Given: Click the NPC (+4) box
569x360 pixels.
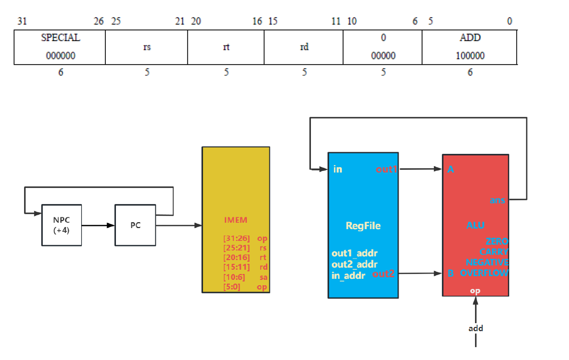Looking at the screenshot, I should pos(62,225).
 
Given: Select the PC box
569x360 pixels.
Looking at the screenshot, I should pos(136,225).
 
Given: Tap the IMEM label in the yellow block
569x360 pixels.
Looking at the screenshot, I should pos(236,220).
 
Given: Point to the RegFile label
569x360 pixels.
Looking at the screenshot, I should pos(363,226).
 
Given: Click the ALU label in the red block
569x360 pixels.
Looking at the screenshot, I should pos(476,225).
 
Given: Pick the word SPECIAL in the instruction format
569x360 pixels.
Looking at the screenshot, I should pos(60,38).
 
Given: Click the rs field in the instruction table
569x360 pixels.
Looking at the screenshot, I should pos(147,47).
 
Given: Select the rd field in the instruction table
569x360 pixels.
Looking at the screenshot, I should pos(304,47).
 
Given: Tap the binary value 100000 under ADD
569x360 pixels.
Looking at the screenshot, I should pos(470,56).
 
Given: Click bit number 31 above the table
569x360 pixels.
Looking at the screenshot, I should pos(21,21).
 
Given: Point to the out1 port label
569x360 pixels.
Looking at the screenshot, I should pos(387,169).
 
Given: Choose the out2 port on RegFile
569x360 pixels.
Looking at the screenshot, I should pos(383,274).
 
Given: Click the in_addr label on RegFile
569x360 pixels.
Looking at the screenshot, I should pos(348,276).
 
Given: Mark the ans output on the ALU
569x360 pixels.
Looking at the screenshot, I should pos(497,200).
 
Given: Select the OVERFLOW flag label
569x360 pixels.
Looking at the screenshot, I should pos(484,273).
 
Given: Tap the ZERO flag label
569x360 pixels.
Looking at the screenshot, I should pos(497,241).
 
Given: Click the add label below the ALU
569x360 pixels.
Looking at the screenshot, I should pos(476,328).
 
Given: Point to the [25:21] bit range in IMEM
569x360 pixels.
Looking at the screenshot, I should pos(236,248).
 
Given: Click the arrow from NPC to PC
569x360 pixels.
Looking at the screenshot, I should pos(98,225).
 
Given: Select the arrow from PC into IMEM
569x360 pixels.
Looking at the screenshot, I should pos(178,225).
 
